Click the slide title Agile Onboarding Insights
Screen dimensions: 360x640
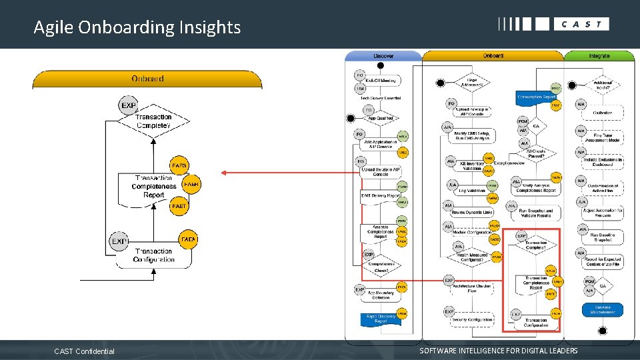point(137,27)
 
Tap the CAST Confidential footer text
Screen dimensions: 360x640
point(84,351)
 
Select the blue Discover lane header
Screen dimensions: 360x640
point(383,56)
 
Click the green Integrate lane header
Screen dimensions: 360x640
point(599,56)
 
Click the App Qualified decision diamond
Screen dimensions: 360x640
point(381,118)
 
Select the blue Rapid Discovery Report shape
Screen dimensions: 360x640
point(380,318)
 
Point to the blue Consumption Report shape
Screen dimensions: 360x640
point(537,97)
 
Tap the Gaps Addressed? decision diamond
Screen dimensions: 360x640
point(477,83)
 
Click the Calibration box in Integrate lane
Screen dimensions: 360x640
point(603,112)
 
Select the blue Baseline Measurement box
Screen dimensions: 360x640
point(602,309)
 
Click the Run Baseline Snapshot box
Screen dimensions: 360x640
point(603,237)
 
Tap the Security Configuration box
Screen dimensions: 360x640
point(473,320)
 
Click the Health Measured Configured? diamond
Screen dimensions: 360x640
point(472,257)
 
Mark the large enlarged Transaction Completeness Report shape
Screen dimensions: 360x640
point(154,187)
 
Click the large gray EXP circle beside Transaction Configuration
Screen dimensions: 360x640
point(119,241)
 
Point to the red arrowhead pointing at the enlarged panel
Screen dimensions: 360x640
point(225,173)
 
